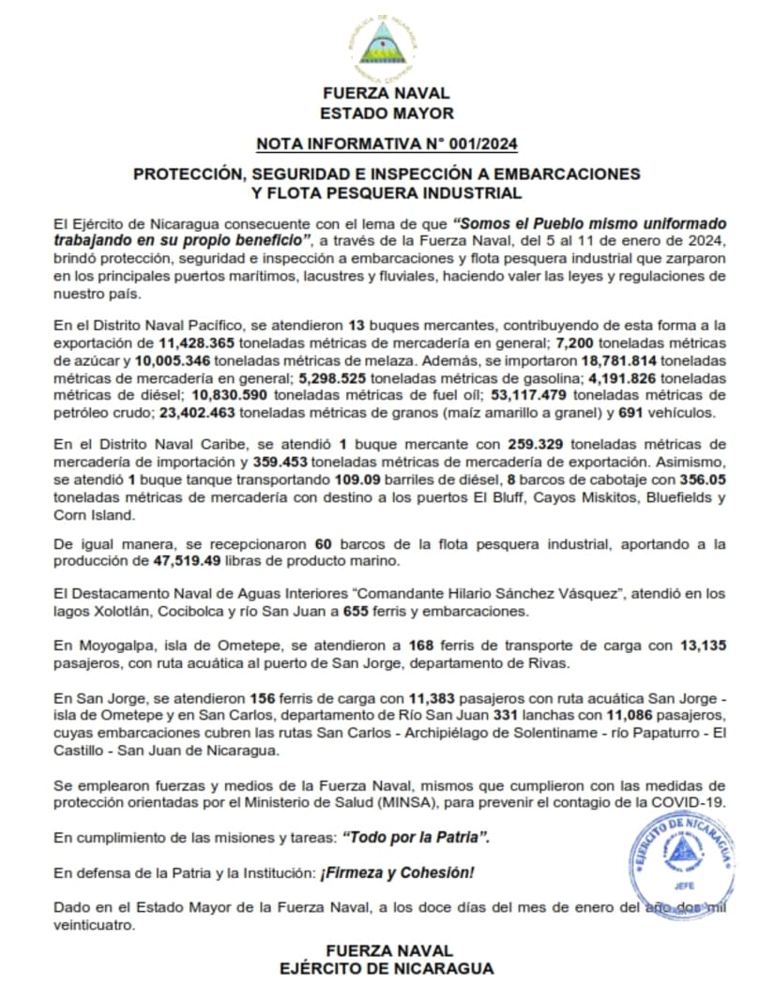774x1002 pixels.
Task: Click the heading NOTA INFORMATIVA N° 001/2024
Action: [387, 144]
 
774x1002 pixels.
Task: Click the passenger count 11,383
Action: [439, 699]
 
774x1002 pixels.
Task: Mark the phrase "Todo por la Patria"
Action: [417, 836]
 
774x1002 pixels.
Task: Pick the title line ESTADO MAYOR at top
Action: [387, 114]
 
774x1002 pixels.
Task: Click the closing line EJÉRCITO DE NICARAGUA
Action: [387, 968]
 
